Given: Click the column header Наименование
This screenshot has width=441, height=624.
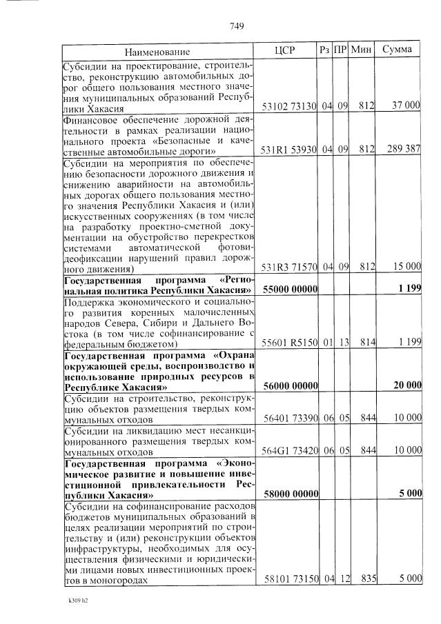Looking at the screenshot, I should (157, 51).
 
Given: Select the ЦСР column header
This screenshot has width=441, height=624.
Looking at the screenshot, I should (285, 50).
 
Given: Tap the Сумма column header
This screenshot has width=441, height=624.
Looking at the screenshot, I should (397, 50).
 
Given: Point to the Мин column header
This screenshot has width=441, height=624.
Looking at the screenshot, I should (361, 50).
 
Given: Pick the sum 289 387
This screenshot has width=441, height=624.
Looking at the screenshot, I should (404, 150).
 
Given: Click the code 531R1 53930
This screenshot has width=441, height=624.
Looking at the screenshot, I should (289, 150).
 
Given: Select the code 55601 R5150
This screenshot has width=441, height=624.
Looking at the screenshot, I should (289, 343).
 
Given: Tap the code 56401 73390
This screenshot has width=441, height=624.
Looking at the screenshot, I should (289, 418).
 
